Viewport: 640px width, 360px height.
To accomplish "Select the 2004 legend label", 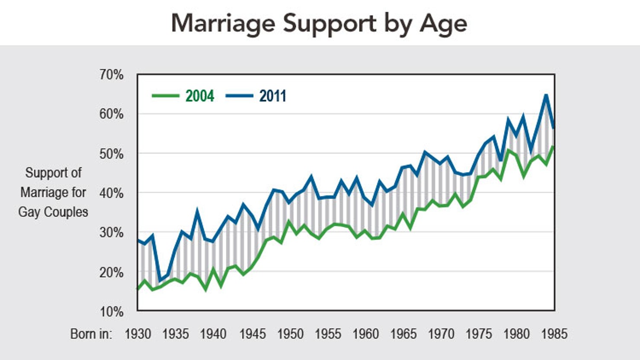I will (x=200, y=96).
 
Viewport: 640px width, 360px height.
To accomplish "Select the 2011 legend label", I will (x=273, y=96).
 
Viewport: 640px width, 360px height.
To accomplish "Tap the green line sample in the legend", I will (x=165, y=96).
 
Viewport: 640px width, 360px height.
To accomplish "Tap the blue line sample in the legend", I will (x=239, y=96).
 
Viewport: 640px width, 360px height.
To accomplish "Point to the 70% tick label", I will (x=112, y=75).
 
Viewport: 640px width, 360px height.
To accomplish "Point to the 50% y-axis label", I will (x=112, y=154).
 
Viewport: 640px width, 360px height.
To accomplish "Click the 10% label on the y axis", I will (x=112, y=311).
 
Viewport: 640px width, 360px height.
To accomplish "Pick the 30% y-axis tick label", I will (x=112, y=232).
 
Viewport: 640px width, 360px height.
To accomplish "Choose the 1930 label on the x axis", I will (x=138, y=334).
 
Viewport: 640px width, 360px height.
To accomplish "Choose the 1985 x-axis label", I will (x=554, y=334).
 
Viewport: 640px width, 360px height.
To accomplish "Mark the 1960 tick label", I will (x=365, y=334).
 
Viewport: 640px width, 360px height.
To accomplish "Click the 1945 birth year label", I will (x=252, y=334).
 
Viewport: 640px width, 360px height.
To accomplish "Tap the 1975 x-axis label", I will (x=479, y=334).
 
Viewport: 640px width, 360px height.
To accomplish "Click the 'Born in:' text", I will (x=91, y=334).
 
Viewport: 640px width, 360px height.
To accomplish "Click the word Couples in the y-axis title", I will (x=65, y=212).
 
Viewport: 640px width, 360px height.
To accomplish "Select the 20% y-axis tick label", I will (x=112, y=273).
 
